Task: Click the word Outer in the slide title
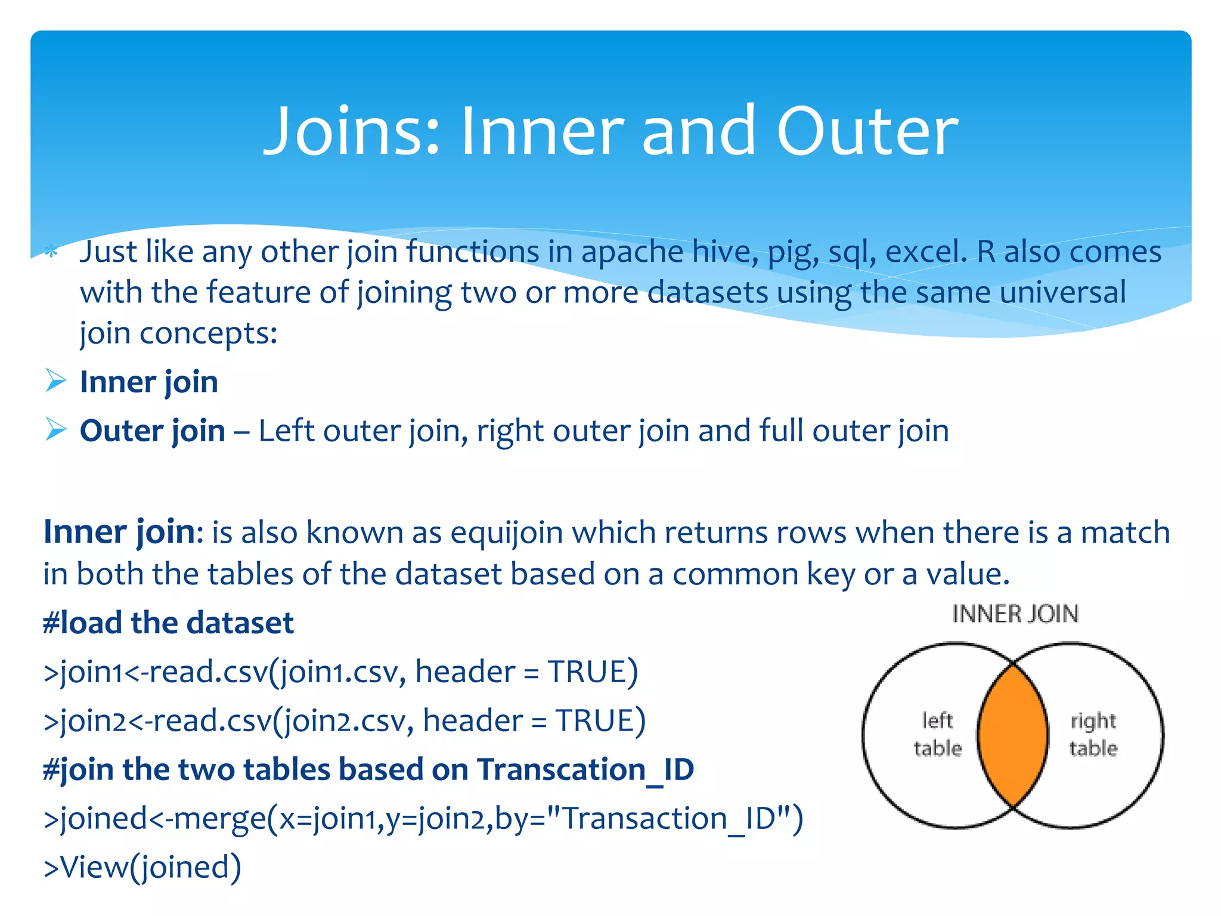(867, 131)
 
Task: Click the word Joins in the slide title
(352, 131)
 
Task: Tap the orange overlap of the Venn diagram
(1013, 735)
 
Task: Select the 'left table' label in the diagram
(937, 734)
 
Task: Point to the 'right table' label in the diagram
(1093, 734)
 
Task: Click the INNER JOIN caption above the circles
(1015, 614)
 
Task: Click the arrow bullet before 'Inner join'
(55, 380)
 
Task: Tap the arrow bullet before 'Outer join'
(55, 429)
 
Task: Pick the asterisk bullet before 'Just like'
(52, 252)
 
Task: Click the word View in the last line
(94, 867)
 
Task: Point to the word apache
(632, 252)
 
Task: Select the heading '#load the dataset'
(168, 623)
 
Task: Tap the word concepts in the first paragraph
(208, 333)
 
